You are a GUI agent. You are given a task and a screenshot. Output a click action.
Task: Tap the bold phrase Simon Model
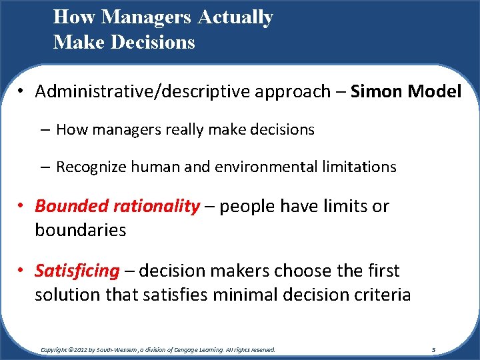pos(405,91)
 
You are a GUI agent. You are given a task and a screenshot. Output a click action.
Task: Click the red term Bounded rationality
pos(117,207)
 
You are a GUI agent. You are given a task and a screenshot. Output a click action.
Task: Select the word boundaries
pos(80,230)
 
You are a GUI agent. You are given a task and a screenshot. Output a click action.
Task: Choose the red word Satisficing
pos(77,271)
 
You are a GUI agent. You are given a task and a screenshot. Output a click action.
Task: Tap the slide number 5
pos(433,349)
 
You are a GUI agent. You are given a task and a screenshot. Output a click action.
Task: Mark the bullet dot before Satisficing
pos(22,271)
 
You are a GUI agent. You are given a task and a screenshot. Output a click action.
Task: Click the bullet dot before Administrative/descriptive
pos(22,92)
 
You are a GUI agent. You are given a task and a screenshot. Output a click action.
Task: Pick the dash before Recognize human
pos(46,167)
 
